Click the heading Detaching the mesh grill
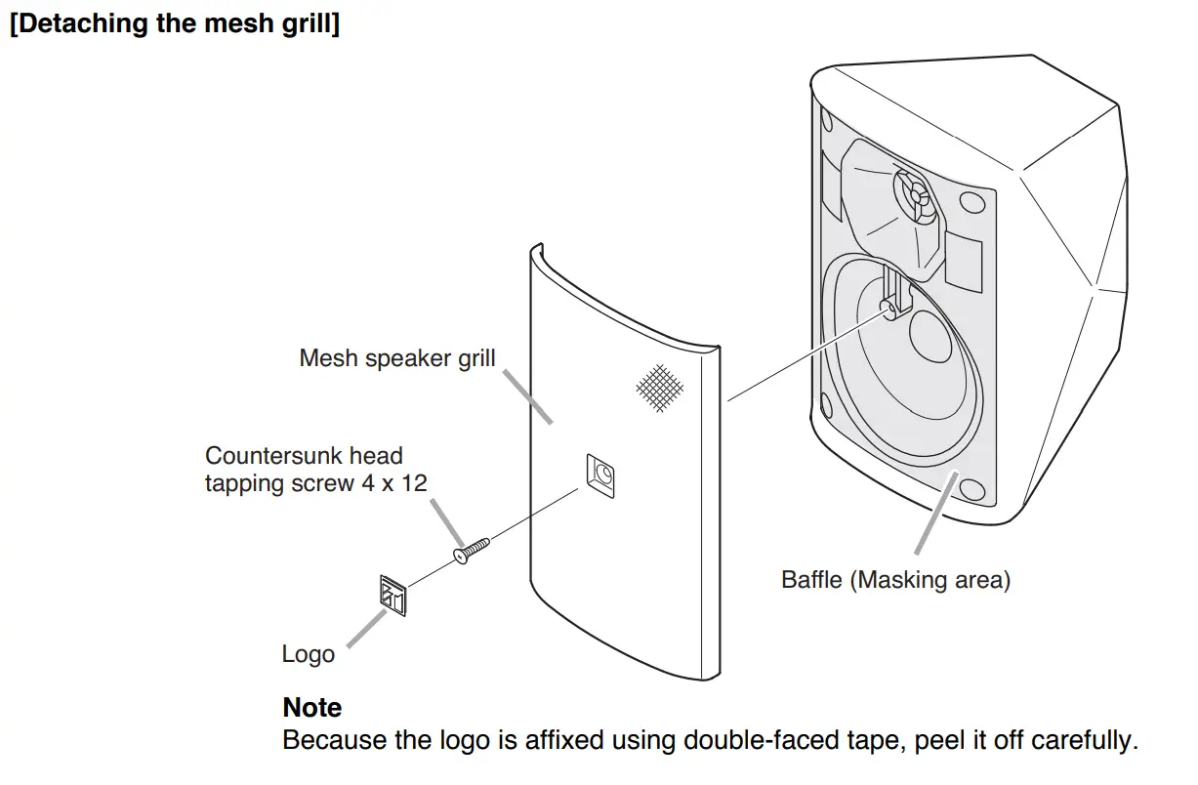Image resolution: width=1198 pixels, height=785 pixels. coord(175,24)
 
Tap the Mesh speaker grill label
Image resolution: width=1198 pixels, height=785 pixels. coord(396,357)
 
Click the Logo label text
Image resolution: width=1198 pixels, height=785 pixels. coord(308,653)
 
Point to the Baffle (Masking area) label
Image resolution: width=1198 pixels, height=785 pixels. coord(895,579)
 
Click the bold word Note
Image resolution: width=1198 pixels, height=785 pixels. coord(311,707)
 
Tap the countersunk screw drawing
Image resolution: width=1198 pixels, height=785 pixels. coord(473,552)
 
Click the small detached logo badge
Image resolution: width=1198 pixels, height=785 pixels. coord(392,596)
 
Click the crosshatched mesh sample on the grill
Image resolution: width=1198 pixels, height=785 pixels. coord(659,387)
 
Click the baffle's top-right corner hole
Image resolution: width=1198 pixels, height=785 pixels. coord(971,202)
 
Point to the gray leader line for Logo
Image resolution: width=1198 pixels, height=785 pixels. coord(363,630)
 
